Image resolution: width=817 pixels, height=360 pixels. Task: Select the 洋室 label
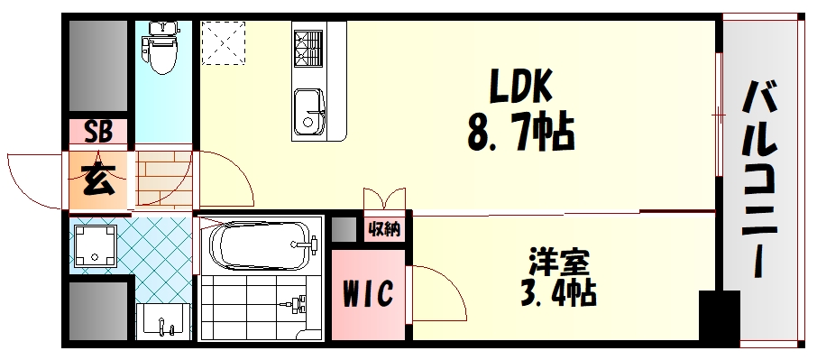558,263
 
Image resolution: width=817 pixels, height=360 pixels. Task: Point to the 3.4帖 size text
558,293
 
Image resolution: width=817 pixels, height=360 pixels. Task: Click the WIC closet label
368,293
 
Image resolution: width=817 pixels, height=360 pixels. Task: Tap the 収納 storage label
384,228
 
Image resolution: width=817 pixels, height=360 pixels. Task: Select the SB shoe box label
98,133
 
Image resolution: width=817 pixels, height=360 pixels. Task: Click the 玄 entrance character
98,180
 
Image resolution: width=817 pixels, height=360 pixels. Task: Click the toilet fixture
163,48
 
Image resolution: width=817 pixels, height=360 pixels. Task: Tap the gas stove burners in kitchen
308,48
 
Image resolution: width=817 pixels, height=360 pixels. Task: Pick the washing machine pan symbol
95,245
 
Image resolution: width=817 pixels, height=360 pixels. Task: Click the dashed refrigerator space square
223,42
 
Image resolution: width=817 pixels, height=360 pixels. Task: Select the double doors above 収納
384,199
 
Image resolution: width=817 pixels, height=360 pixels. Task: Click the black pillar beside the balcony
720,315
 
